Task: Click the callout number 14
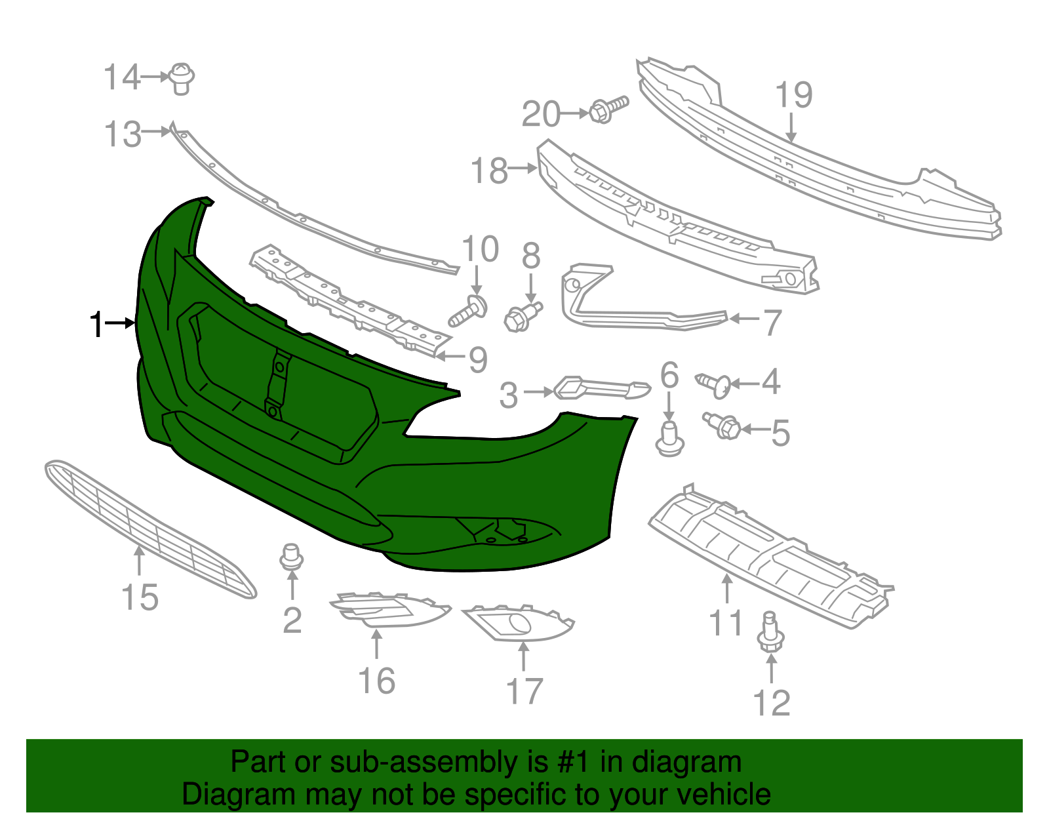click(x=122, y=77)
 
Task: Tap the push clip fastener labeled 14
click(x=182, y=78)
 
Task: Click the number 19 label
click(x=793, y=94)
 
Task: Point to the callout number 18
click(x=490, y=171)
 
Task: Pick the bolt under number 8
click(x=523, y=316)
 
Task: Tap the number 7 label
click(x=772, y=323)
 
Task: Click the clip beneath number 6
click(x=669, y=439)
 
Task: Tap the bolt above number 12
click(x=770, y=631)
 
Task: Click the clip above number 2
click(x=292, y=557)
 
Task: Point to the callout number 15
click(x=140, y=597)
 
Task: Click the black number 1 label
click(x=96, y=324)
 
